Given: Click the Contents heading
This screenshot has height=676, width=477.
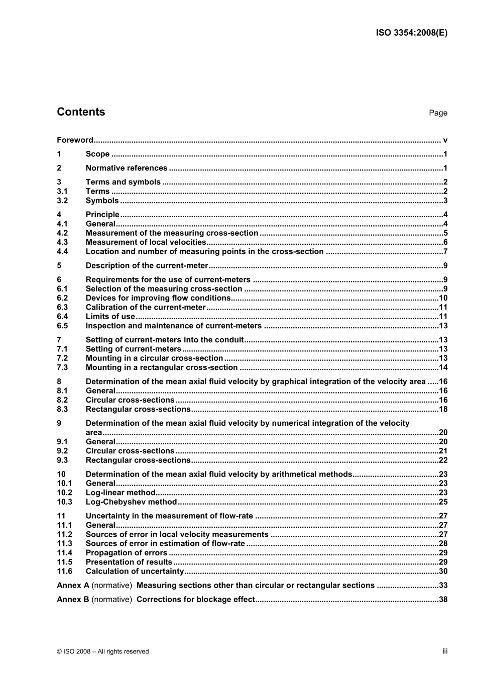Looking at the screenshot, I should point(81,112).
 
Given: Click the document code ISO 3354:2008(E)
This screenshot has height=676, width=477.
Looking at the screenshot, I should point(411,33).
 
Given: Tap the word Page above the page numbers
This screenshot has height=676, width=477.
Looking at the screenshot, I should point(438,113).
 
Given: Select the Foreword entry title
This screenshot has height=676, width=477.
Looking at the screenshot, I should point(75,140).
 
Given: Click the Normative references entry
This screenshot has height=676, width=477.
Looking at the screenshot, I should point(127,168).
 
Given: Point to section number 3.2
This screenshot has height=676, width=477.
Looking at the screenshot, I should point(62,201).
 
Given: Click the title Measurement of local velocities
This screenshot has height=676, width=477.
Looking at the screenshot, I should point(146,242).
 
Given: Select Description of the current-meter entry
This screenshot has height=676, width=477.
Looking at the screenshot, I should point(147,266).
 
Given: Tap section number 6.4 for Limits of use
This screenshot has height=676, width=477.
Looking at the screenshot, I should point(62,317).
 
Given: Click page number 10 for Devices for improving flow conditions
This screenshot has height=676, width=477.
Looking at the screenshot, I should point(443,298).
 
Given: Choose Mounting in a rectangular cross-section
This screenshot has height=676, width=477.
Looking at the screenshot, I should point(162,368).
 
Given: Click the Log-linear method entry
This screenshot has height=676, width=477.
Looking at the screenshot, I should point(121,493).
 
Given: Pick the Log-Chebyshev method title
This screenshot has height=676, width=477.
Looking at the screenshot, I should point(131,502).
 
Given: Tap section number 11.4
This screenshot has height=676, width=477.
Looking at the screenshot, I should point(64,553).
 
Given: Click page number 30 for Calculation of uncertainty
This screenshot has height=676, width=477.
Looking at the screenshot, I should point(443,571).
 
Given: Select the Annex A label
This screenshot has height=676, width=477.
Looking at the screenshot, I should point(73,586).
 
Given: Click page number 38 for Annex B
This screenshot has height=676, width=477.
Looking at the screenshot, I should point(443,600).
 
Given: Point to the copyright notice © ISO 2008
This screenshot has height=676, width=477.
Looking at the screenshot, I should point(103,651).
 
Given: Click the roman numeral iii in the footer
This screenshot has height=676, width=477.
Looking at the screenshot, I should point(445,651).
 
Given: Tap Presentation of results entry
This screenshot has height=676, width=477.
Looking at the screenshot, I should point(129,562).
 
